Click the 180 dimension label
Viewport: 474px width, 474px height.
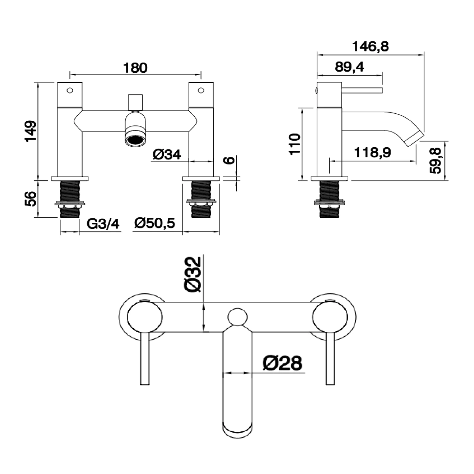pos(135,68)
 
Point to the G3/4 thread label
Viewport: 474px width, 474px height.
pos(103,224)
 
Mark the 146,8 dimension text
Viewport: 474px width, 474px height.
pos(370,46)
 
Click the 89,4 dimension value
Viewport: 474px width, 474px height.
pos(349,67)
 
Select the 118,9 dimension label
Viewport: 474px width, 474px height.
pos(373,153)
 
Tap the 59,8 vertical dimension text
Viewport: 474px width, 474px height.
pos(435,161)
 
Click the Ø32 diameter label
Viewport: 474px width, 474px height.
pos(192,274)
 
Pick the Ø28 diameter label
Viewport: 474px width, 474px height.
pos(282,363)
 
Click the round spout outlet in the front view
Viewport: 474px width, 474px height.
pos(136,139)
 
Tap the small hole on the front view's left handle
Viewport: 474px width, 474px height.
pos(70,90)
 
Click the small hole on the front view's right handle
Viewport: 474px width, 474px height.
pos(201,90)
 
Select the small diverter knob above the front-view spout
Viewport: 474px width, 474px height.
pos(136,102)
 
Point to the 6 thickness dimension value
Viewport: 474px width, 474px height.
pos(231,160)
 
